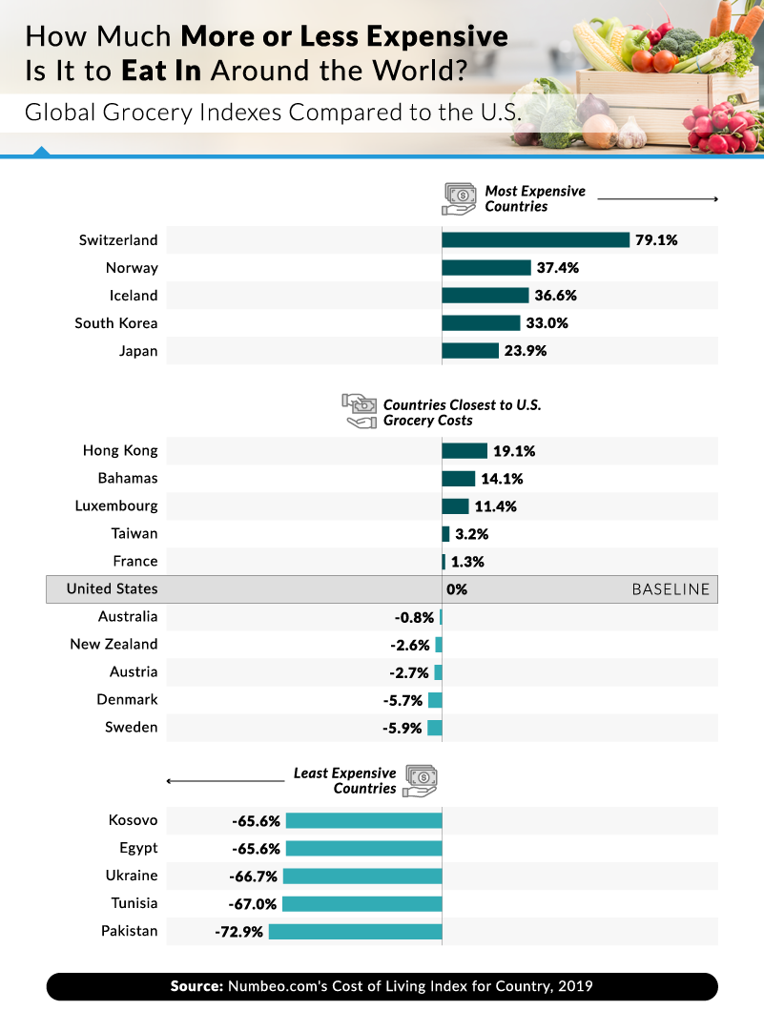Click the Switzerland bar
point(535,240)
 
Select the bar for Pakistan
point(355,931)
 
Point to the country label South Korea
point(116,323)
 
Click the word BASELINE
point(671,589)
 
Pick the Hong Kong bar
point(465,451)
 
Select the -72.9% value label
point(238,931)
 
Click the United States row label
point(112,589)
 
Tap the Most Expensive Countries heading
point(534,198)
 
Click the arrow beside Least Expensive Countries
point(225,781)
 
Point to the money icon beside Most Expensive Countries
point(459,198)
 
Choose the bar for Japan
point(470,351)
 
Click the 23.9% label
point(526,351)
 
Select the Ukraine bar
point(362,876)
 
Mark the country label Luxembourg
point(116,506)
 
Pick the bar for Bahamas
point(459,479)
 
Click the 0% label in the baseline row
point(457,589)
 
